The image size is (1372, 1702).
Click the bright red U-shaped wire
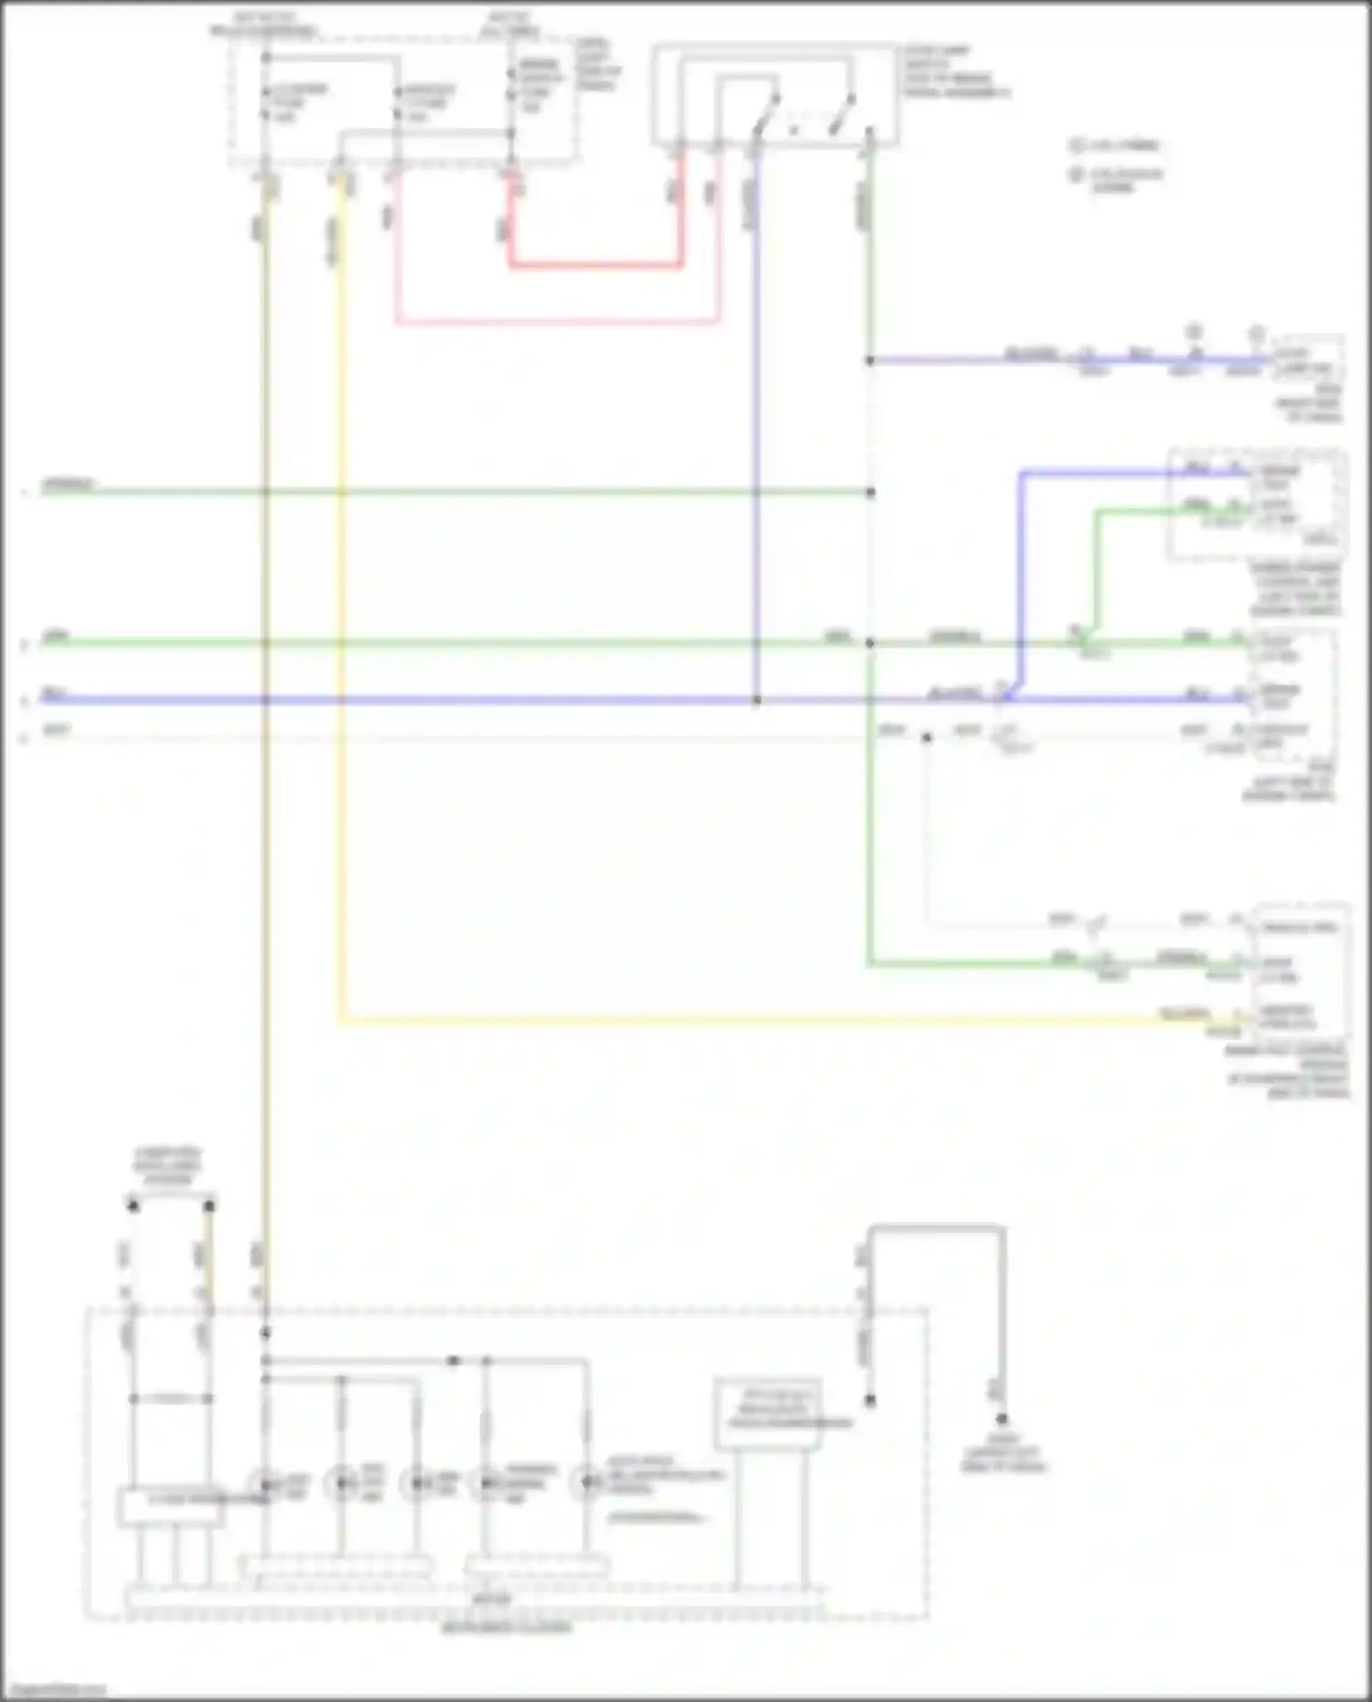pos(595,266)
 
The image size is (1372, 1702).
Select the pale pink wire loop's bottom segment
pos(556,322)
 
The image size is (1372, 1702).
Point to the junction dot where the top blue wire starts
pos(870,360)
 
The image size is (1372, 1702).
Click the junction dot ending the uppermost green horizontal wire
pos(870,493)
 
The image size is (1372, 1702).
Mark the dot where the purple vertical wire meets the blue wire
pos(756,701)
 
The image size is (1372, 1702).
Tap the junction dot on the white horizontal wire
pos(927,736)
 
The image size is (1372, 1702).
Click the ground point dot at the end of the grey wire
pos(1002,1419)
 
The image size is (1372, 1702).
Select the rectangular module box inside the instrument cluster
pos(767,1414)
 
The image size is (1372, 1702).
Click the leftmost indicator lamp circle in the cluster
pos(265,1483)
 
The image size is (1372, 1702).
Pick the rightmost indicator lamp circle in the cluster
pos(586,1483)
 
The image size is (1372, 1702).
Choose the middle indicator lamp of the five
pos(418,1483)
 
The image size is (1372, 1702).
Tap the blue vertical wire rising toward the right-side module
pos(1022,585)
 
